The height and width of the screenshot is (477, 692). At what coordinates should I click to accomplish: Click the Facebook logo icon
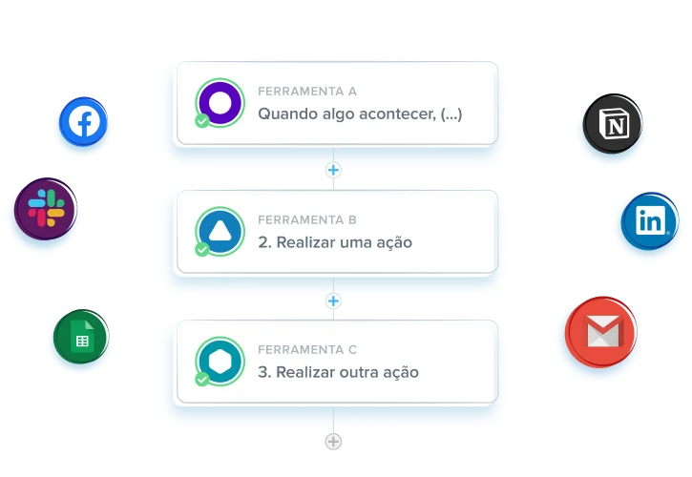pos(83,121)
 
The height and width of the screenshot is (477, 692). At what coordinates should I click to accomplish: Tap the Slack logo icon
pos(46,209)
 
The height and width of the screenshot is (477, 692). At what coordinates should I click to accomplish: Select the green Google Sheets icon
pos(81,336)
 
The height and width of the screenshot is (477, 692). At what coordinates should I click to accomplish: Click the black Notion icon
pos(613,124)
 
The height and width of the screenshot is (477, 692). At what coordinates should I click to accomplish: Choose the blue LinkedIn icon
pos(650,220)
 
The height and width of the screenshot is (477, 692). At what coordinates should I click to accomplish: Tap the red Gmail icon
pos(601,331)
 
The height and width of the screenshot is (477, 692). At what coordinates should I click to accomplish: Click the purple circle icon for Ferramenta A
pos(220,102)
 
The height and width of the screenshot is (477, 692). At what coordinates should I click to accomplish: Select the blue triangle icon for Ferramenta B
pos(220,231)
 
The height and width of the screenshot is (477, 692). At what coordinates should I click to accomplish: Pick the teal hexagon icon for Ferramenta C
pos(220,361)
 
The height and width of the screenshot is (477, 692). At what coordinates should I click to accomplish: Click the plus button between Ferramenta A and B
pos(333,170)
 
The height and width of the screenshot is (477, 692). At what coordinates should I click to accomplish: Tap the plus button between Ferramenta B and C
pos(333,301)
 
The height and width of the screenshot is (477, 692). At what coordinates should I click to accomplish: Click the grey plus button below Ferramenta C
pos(333,442)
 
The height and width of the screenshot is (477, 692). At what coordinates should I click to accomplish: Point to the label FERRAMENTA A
pos(307,92)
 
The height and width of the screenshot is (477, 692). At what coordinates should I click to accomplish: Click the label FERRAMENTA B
pos(307,219)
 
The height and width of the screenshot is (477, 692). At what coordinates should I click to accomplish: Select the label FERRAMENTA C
pos(307,349)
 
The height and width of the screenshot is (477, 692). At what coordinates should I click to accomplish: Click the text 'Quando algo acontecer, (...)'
pos(360,114)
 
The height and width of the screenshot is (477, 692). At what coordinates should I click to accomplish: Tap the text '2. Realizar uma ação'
pos(335,242)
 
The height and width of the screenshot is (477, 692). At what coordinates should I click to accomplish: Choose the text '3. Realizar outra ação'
pos(338,372)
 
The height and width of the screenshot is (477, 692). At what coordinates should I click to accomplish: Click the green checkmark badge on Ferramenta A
pos(202,120)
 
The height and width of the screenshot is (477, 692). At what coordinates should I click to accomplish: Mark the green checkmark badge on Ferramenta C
pos(202,379)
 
